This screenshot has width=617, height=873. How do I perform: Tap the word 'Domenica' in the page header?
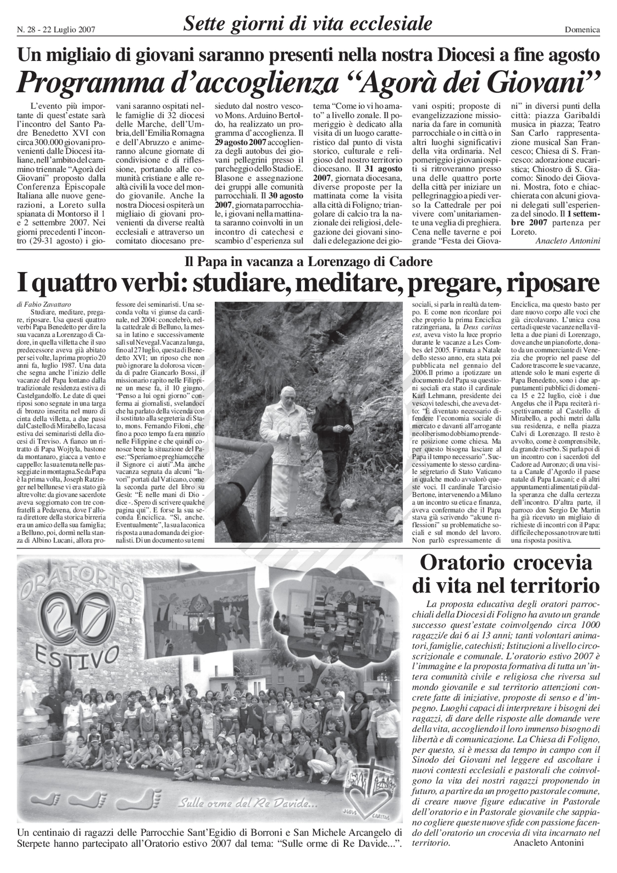582,30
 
